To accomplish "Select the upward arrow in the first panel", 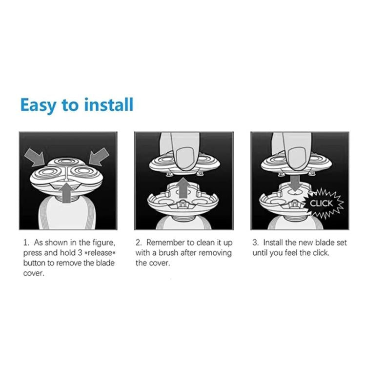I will [x=65, y=189].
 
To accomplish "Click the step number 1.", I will [x=25, y=243].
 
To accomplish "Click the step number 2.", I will [x=138, y=243].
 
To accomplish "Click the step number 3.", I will [x=255, y=243].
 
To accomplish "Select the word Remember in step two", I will [x=164, y=243].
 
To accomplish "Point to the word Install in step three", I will [x=273, y=243].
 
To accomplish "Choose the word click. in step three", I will [x=320, y=253].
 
